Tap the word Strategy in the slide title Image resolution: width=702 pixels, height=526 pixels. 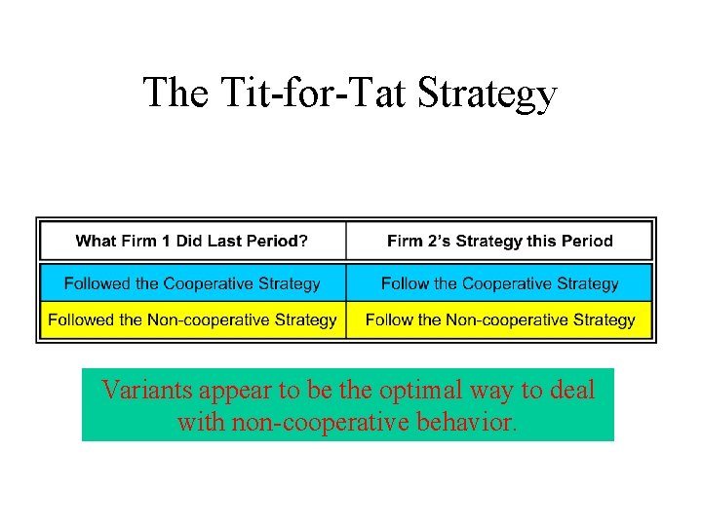coord(489,94)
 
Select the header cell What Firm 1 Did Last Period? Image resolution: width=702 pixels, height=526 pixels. coord(191,241)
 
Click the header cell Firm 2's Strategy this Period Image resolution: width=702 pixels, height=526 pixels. coord(499,241)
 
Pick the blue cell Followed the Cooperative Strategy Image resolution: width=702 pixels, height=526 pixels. coord(192,283)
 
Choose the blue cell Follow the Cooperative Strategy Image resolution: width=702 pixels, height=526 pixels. coord(499,283)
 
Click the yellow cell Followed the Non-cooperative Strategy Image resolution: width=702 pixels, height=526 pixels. coord(192,319)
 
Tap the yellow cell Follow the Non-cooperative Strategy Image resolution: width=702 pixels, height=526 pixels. coord(499,319)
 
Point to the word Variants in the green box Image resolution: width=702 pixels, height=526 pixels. coord(147,391)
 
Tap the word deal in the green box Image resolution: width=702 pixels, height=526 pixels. coord(569,391)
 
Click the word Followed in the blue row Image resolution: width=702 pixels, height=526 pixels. coord(97,283)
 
